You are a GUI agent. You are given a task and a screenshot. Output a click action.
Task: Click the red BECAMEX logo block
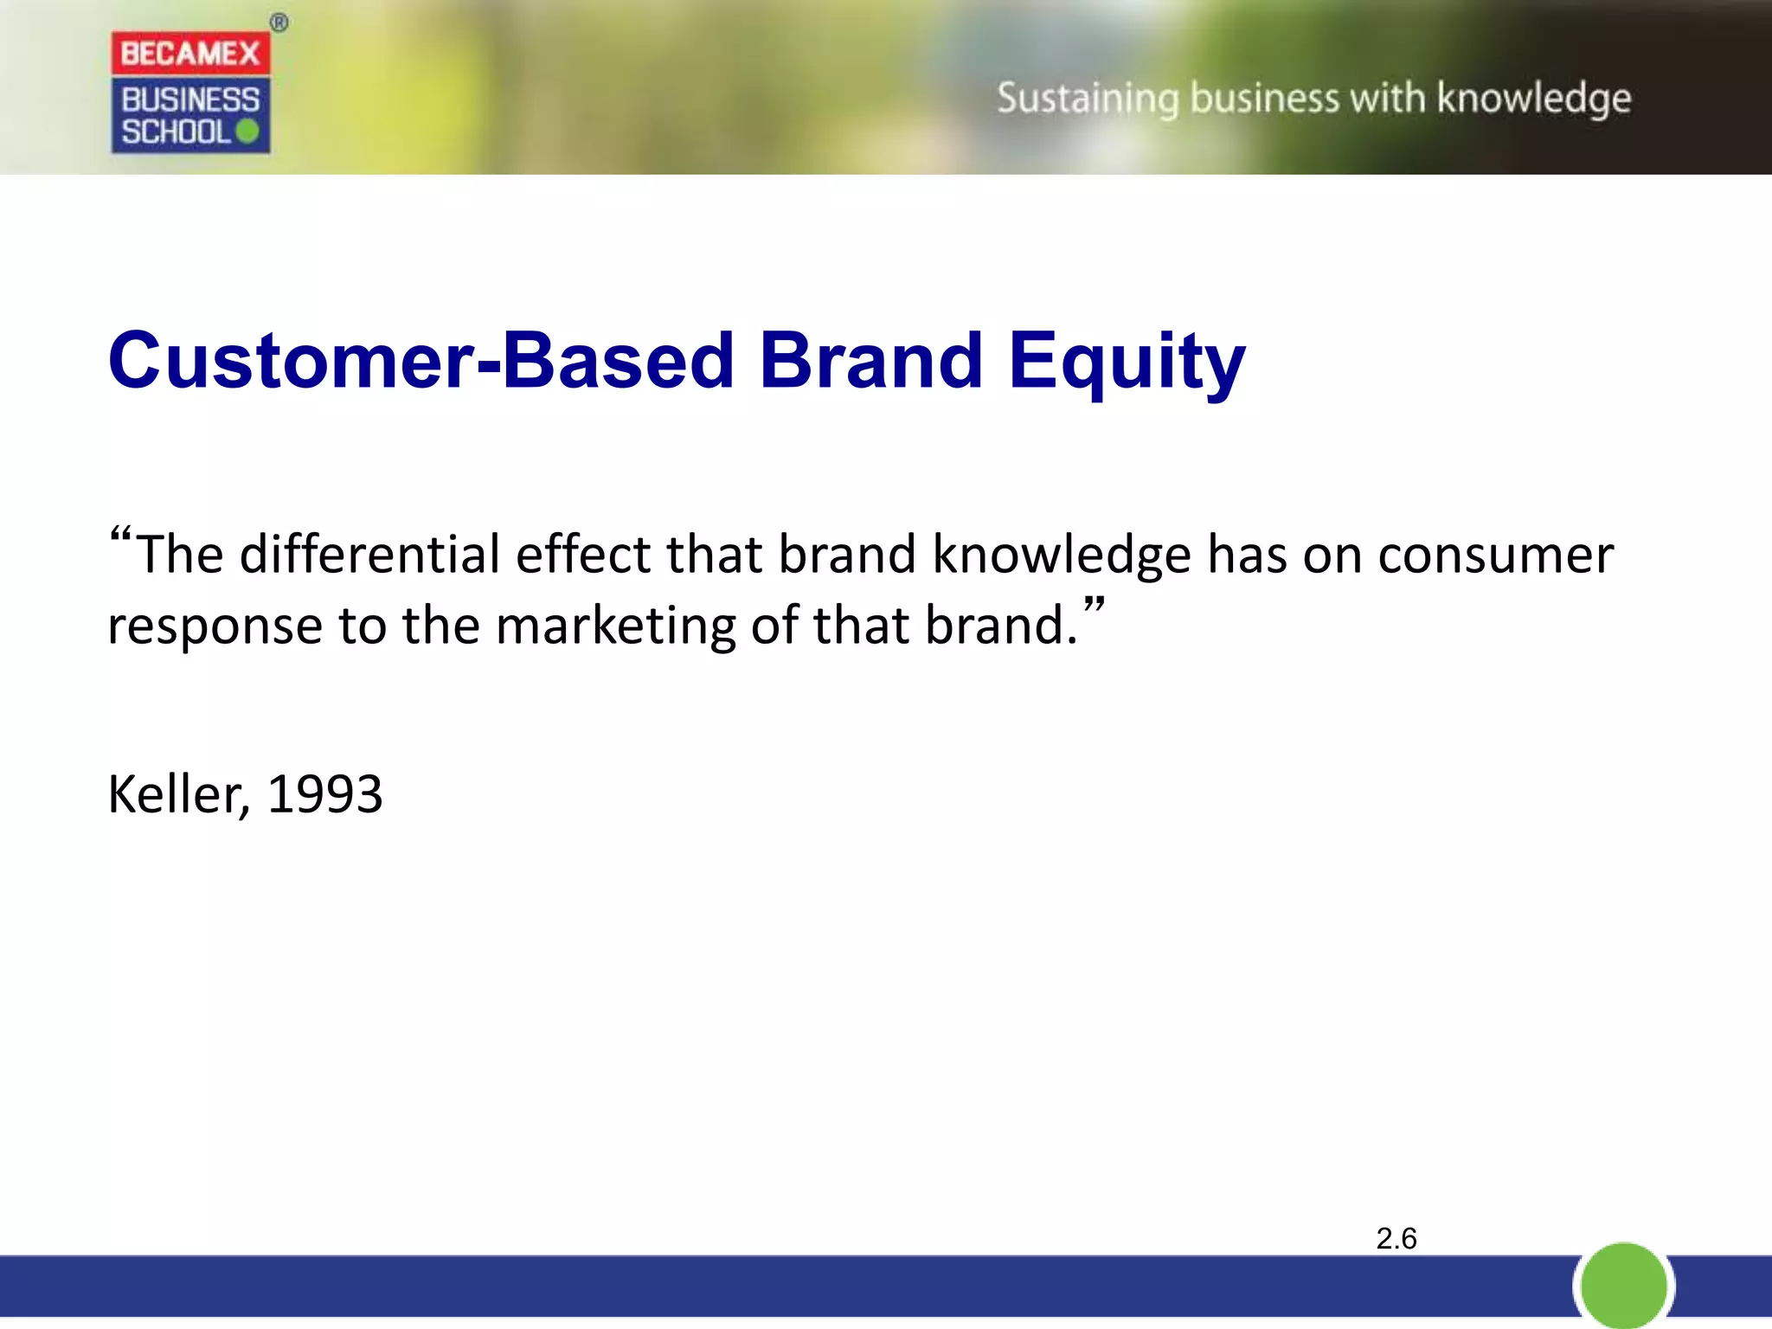pyautogui.click(x=190, y=54)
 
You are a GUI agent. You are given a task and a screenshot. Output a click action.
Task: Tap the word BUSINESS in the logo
pyautogui.click(x=190, y=100)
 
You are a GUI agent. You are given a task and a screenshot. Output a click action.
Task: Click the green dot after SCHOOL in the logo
pyautogui.click(x=247, y=132)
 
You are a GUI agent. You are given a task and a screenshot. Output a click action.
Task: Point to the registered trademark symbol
pyautogui.click(x=279, y=23)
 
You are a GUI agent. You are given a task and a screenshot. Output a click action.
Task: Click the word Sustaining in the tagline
pyautogui.click(x=1088, y=99)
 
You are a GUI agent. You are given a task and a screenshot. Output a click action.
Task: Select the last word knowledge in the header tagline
pyautogui.click(x=1534, y=99)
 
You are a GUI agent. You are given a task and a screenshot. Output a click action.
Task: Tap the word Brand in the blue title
pyautogui.click(x=870, y=361)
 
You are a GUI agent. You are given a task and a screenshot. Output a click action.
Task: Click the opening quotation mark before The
pyautogui.click(x=120, y=536)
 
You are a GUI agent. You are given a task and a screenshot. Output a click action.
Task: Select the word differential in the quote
pyautogui.click(x=370, y=554)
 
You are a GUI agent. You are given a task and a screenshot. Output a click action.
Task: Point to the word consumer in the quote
pyautogui.click(x=1495, y=555)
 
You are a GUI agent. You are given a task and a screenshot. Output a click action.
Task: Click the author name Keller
pyautogui.click(x=177, y=794)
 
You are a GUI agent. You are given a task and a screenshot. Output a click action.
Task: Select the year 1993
pyautogui.click(x=324, y=794)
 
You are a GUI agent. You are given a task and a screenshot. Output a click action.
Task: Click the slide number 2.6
pyautogui.click(x=1396, y=1238)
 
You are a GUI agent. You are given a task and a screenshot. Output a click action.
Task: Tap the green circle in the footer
pyautogui.click(x=1623, y=1286)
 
